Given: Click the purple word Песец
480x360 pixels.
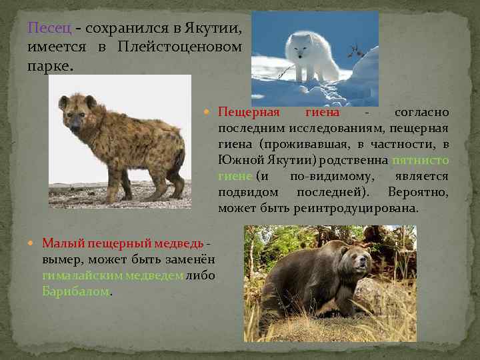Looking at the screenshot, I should [48, 29].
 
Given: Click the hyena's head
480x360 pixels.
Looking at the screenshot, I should [75, 113].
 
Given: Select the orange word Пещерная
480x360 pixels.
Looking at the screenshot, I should [249, 112].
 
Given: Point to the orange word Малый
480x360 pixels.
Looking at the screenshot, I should [60, 243].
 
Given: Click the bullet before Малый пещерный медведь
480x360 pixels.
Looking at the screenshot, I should [35, 243].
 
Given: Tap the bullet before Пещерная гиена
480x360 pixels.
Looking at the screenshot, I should [211, 112].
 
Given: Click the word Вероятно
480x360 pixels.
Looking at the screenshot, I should [420, 192].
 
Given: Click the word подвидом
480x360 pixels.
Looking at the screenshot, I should [247, 192].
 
